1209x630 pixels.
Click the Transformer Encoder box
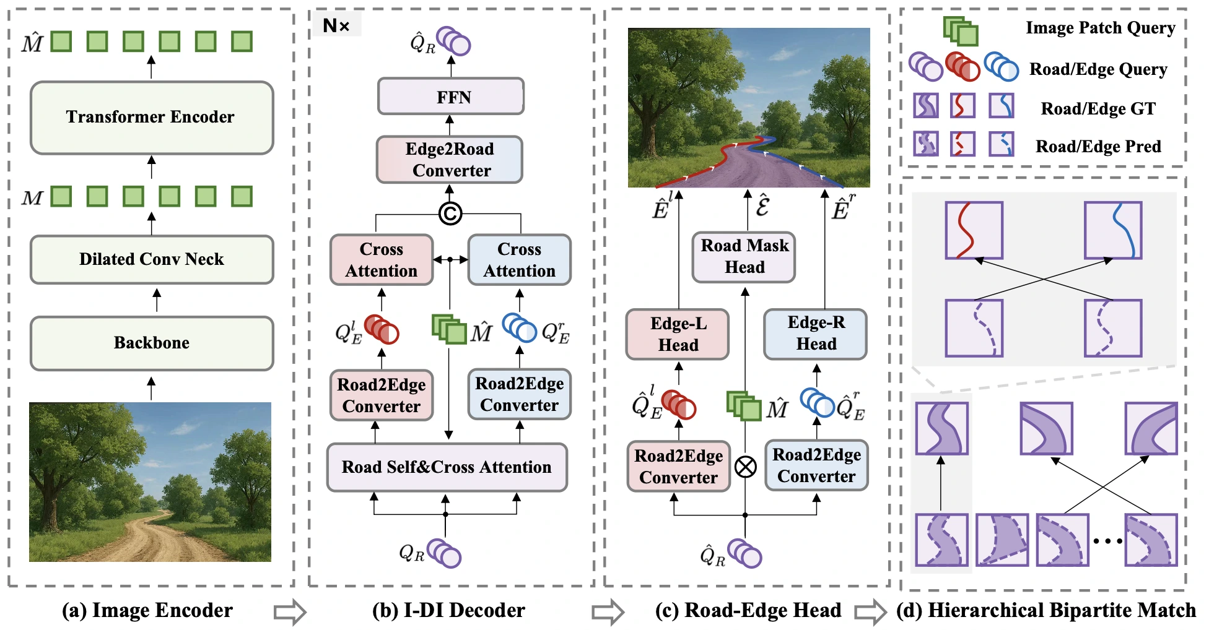point(151,118)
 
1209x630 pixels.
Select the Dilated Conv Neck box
point(151,259)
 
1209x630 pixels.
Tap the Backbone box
point(151,343)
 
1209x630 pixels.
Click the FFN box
point(451,97)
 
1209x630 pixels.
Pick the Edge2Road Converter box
point(450,160)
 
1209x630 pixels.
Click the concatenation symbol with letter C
point(450,214)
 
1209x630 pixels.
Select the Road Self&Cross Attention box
point(447,467)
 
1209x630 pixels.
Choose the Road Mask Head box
point(744,257)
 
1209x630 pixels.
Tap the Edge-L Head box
point(678,334)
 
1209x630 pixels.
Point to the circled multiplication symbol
point(745,466)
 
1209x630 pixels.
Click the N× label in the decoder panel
point(336,26)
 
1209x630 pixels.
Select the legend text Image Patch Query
point(1100,28)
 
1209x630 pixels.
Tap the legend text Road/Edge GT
point(1098,109)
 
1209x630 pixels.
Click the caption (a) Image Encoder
point(147,610)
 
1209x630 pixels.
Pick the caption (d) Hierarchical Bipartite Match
point(1046,610)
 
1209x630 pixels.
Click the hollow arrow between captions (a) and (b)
point(290,612)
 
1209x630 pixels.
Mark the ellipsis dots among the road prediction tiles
point(1107,541)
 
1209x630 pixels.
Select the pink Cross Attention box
point(382,260)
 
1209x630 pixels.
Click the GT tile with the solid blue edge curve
point(1112,230)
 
